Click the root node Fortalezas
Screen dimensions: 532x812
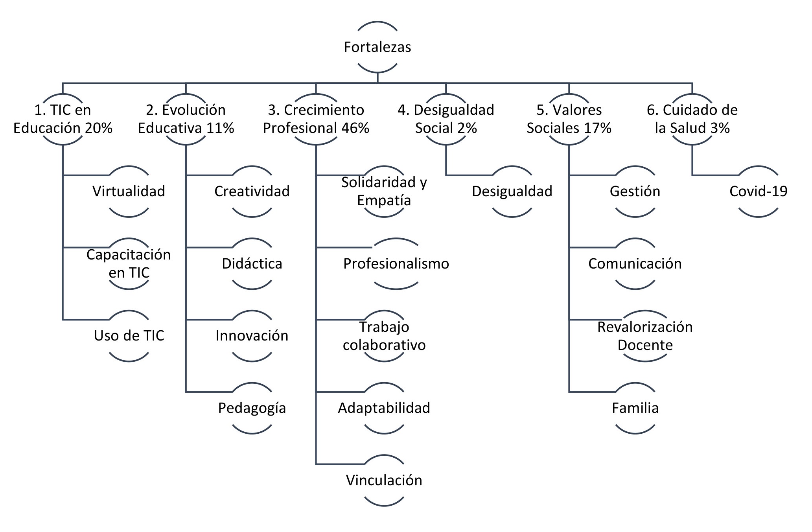pos(377,47)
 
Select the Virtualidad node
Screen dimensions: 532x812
pos(129,191)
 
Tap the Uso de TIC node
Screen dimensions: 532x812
pos(129,336)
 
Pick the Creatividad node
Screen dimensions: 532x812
pos(252,191)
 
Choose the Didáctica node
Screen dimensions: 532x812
pos(252,264)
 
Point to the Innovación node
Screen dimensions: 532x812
pos(252,336)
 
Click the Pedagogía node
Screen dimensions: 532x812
pos(252,408)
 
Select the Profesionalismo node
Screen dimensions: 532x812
pos(396,264)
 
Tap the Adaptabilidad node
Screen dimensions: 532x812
pos(384,408)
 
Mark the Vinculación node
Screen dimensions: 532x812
pos(384,480)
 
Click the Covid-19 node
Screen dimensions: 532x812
pos(759,191)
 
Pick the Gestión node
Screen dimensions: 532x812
pos(635,191)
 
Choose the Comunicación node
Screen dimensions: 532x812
pos(635,264)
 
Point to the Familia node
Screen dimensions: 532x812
pos(635,408)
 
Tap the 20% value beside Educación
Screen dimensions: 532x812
pos(98,128)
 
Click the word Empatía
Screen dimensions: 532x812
pos(384,201)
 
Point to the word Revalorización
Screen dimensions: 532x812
pos(645,327)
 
